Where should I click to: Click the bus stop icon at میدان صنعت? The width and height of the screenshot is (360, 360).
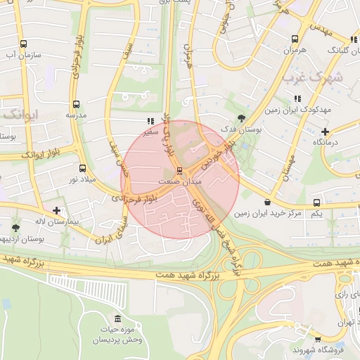[x=180, y=171]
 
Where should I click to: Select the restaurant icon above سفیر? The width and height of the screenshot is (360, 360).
[x=148, y=120]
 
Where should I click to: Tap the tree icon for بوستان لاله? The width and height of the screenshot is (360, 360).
[x=16, y=228]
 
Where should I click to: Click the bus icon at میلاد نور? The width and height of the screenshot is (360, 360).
[x=83, y=168]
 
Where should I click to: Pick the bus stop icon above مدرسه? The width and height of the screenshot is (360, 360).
[x=76, y=103]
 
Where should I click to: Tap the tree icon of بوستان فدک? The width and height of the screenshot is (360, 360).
[x=243, y=118]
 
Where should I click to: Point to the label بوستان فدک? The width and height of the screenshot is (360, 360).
[x=241, y=129]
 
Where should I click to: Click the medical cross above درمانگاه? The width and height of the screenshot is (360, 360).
[x=324, y=131]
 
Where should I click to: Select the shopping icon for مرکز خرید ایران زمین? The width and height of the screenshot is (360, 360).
[x=268, y=202]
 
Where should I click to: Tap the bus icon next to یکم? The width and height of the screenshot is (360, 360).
[x=316, y=202]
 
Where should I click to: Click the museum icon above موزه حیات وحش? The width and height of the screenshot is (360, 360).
[x=117, y=319]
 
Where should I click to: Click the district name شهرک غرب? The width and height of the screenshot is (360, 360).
[x=314, y=78]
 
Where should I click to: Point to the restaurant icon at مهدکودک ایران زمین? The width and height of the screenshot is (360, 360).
[x=297, y=98]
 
